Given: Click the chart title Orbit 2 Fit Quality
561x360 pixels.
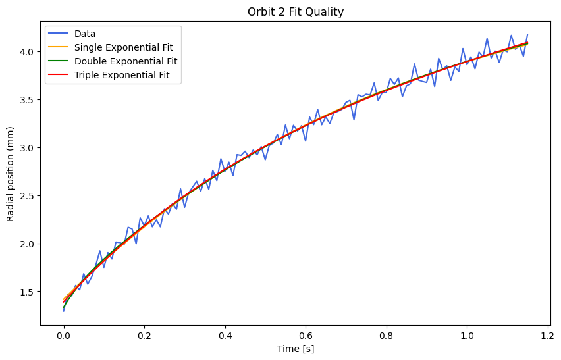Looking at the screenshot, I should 295,12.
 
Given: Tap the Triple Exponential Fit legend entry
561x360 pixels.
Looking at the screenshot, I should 122,75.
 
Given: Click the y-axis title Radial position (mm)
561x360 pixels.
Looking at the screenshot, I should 11,175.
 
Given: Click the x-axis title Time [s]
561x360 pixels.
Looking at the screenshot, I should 295,349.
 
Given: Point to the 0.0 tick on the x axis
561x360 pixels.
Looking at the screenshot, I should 64,335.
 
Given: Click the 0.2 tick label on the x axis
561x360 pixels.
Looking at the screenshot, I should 144,335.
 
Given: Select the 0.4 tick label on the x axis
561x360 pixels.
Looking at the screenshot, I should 225,335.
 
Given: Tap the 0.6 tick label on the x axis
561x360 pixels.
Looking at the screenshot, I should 306,335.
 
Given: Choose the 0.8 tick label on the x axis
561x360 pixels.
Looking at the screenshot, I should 387,335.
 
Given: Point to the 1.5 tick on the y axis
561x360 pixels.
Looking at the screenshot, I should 30,292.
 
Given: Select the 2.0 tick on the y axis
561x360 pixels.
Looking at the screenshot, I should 30,244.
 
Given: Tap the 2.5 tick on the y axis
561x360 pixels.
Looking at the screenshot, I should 30,195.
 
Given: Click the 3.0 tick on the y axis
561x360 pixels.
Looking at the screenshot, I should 30,147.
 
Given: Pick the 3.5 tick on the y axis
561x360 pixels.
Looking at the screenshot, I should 30,99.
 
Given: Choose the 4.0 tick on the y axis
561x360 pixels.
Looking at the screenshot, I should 30,51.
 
